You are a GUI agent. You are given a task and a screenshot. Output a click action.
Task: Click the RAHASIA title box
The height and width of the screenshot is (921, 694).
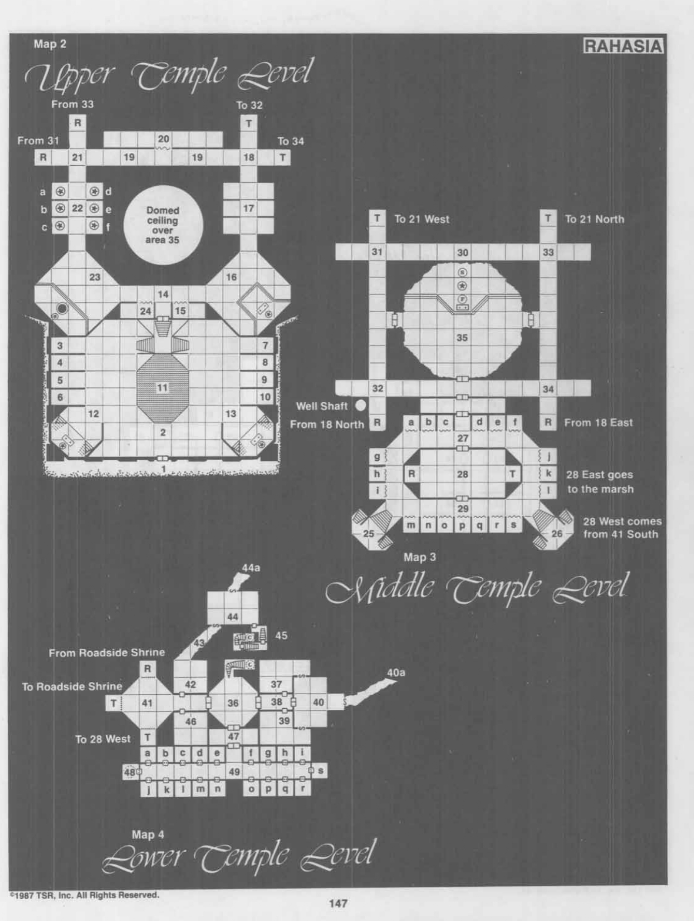coord(623,46)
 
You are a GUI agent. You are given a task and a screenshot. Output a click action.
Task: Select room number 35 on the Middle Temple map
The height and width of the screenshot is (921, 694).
coord(462,338)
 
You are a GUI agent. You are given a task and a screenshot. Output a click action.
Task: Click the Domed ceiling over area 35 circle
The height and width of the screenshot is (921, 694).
coord(163,225)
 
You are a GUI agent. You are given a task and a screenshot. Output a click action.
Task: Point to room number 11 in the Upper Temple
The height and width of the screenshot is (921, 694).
coord(162,387)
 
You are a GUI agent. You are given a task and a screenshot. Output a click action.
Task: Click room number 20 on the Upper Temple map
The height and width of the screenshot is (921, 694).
coord(163,139)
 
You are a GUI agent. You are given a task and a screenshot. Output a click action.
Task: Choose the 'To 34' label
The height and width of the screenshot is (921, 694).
coord(291,141)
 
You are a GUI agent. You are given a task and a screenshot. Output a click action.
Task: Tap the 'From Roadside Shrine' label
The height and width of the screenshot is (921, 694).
coord(106,652)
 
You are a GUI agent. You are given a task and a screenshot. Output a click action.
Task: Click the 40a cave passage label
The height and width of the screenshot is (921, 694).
coord(396,672)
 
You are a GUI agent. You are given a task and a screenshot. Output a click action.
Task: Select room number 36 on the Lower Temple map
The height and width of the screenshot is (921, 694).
coord(233,703)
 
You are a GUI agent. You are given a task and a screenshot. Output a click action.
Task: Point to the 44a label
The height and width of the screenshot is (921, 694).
coord(251,568)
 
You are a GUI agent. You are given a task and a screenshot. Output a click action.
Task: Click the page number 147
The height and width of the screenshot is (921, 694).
coord(338,903)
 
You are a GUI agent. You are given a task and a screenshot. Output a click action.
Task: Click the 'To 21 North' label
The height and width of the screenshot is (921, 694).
coord(595,219)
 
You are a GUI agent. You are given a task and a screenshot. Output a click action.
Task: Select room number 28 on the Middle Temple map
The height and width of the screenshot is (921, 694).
coord(463,474)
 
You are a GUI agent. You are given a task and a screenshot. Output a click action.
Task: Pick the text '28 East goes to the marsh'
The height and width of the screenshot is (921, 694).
coord(600,481)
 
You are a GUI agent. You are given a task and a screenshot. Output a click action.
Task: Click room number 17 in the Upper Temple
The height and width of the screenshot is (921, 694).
coord(249,208)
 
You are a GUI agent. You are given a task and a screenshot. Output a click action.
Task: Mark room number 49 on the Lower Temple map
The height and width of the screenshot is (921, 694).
coord(234,772)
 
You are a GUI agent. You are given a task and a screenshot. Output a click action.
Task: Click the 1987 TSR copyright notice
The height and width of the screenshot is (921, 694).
coord(84,895)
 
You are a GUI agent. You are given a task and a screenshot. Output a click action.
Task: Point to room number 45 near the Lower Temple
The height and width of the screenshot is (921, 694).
coord(281,635)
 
